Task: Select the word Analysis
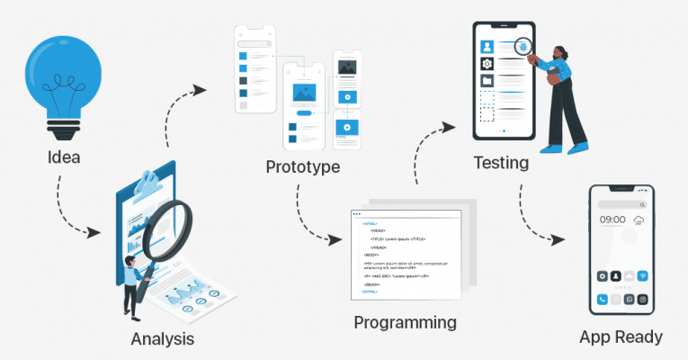pyautogui.click(x=162, y=339)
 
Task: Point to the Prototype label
pyautogui.click(x=302, y=167)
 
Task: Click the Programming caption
pyautogui.click(x=405, y=322)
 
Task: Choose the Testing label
pyautogui.click(x=501, y=164)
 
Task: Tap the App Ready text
pyautogui.click(x=621, y=337)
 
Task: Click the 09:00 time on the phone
pyautogui.click(x=612, y=220)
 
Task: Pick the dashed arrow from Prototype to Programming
pyautogui.click(x=310, y=220)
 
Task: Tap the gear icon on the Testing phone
pyautogui.click(x=487, y=64)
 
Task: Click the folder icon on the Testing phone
pyautogui.click(x=487, y=81)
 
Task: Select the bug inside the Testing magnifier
pyautogui.click(x=522, y=44)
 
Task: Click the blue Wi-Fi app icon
pyautogui.click(x=644, y=275)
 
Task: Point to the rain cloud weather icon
pyautogui.click(x=639, y=220)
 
